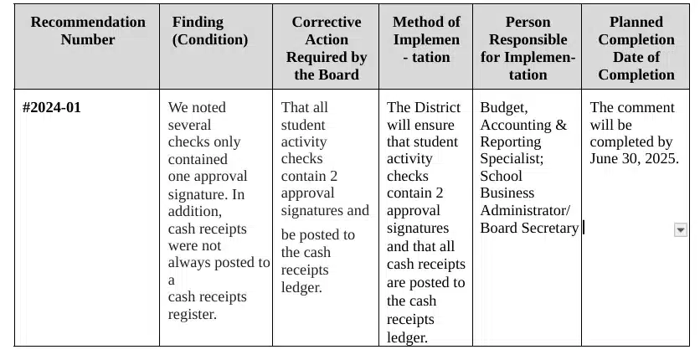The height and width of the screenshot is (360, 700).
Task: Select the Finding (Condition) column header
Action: [210, 31]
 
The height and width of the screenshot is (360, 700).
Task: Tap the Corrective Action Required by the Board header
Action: [326, 48]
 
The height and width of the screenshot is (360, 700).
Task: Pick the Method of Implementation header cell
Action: [425, 39]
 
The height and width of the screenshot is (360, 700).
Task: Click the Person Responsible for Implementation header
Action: [527, 48]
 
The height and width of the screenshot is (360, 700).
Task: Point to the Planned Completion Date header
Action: [636, 48]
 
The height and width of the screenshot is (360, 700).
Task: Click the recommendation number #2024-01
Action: [52, 107]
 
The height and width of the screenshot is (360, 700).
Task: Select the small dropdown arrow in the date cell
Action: [680, 230]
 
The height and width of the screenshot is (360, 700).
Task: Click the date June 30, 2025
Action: [634, 159]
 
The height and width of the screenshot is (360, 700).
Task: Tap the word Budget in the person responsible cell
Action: [503, 108]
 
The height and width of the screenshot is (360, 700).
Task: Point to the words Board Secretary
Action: [528, 228]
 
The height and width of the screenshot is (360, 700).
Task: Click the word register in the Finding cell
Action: [193, 315]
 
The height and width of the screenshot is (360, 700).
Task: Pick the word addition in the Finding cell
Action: [195, 211]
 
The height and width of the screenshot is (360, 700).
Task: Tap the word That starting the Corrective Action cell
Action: [293, 107]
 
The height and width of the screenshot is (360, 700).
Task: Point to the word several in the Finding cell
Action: [190, 125]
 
